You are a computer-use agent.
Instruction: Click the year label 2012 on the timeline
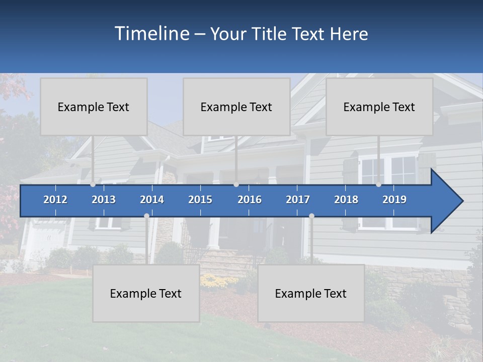[55, 200]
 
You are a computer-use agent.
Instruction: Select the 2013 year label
[104, 200]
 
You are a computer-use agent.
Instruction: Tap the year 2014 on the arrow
[152, 200]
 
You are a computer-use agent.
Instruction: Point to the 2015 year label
[200, 200]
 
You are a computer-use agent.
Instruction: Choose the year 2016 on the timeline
[250, 200]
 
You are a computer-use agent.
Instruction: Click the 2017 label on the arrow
[298, 200]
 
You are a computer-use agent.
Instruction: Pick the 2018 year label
[346, 200]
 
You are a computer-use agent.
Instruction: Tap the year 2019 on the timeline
[394, 200]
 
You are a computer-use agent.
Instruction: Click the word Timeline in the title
[151, 34]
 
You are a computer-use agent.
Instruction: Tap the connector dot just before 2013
[93, 185]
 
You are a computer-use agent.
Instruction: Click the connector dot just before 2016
[236, 185]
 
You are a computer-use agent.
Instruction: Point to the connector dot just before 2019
[378, 185]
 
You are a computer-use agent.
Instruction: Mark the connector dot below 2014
[146, 216]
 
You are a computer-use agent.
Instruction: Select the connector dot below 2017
[311, 216]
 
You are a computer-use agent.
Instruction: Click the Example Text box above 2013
[94, 107]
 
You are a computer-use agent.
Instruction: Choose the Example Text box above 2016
[236, 107]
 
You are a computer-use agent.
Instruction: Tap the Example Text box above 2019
[379, 107]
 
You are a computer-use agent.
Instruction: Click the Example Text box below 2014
[146, 293]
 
